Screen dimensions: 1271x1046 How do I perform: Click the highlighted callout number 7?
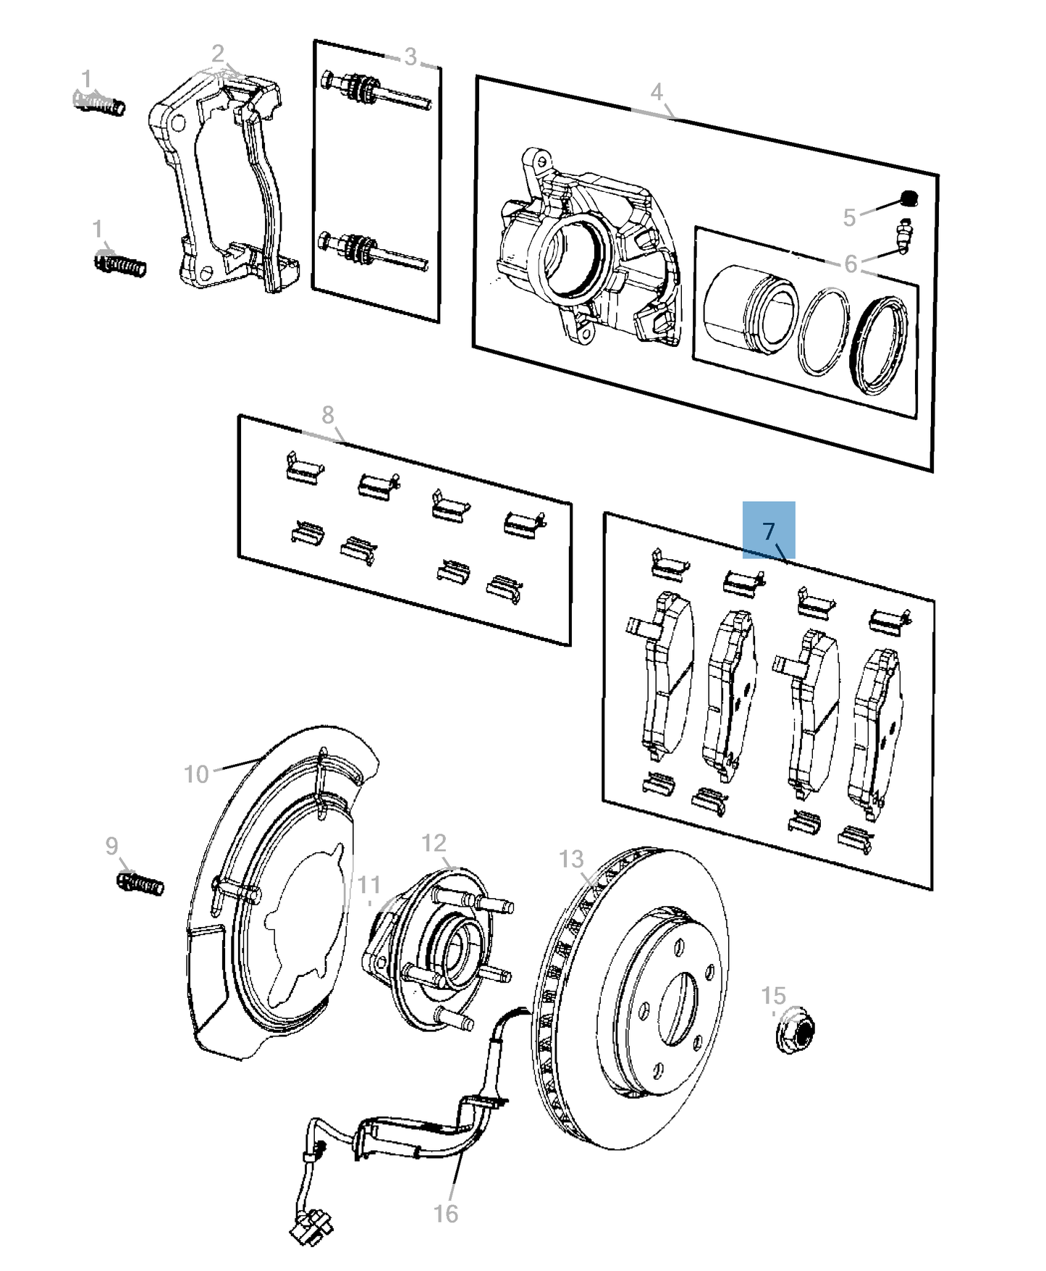coord(769,531)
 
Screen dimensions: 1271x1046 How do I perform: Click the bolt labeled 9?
coord(140,884)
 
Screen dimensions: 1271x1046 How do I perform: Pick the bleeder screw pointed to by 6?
coord(903,236)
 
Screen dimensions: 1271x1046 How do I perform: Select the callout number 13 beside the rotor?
coord(571,859)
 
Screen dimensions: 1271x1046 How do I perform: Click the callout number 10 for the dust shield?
coord(196,774)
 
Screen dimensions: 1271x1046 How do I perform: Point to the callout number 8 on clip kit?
coord(328,415)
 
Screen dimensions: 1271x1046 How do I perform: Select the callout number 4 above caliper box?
coord(656,92)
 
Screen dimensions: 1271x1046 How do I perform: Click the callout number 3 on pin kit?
coord(410,56)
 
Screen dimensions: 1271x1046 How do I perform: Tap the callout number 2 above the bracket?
coord(218,54)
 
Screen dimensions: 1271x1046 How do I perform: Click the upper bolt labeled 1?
coord(100,102)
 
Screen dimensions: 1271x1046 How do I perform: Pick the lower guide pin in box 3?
coord(373,251)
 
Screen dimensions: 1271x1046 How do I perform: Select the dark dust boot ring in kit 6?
coord(878,344)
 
